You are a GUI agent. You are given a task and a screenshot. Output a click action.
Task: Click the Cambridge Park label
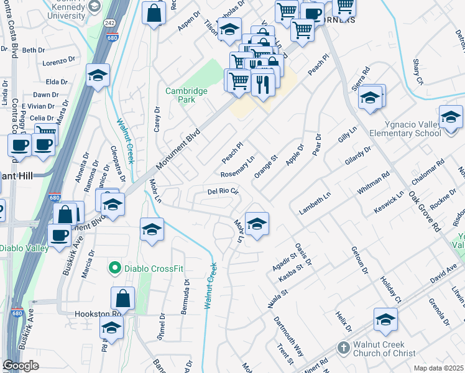[186, 95]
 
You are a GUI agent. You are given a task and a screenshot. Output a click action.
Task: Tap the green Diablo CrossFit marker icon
[114, 269]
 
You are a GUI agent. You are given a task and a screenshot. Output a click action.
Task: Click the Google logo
[21, 366]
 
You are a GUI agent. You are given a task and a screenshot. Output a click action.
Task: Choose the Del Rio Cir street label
[223, 191]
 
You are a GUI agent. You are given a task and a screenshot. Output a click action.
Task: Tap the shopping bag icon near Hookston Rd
[123, 298]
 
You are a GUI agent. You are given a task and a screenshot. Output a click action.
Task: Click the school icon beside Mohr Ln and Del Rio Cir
[256, 223]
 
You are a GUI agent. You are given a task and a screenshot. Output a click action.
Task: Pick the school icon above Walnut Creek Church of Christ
[385, 320]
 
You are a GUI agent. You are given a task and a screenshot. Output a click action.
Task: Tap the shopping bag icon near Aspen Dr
[153, 12]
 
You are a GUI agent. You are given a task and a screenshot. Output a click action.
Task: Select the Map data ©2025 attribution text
[438, 368]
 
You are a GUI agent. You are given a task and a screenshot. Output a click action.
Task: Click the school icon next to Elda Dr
[98, 75]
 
